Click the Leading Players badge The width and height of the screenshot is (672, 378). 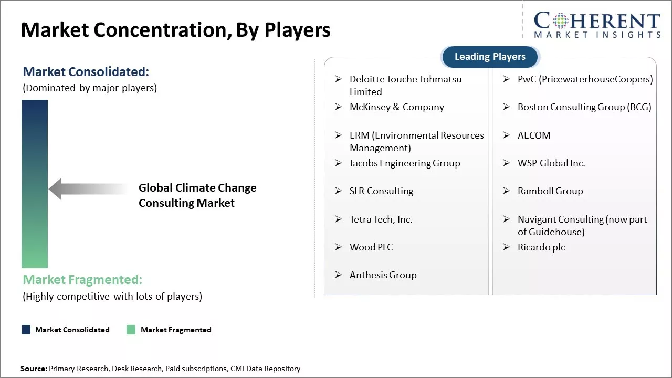coord(490,57)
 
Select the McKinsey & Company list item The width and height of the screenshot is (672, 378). coord(396,107)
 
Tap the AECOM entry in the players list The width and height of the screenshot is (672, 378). coord(534,135)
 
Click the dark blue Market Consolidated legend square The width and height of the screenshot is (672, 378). coord(26,329)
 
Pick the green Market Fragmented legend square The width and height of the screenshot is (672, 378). coord(131,329)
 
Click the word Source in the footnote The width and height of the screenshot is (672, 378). coord(34,369)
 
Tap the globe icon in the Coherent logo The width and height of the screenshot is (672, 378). coord(560,21)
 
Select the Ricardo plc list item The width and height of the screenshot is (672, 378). coord(541,247)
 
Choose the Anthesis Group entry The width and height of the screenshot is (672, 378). coord(383,275)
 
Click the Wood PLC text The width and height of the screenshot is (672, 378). coord(371,247)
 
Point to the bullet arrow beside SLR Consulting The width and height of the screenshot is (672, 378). coord(339,191)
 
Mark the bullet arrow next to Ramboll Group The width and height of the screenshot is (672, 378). coord(507,191)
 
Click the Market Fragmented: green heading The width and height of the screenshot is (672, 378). coord(82,280)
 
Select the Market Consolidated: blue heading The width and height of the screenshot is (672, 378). coord(86,72)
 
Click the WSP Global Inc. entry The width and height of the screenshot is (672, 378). coord(551,163)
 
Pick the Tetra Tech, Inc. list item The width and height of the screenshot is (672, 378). coord(381,219)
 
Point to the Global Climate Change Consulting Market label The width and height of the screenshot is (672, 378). coord(197,195)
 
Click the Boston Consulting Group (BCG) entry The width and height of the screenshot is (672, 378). coord(584,107)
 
